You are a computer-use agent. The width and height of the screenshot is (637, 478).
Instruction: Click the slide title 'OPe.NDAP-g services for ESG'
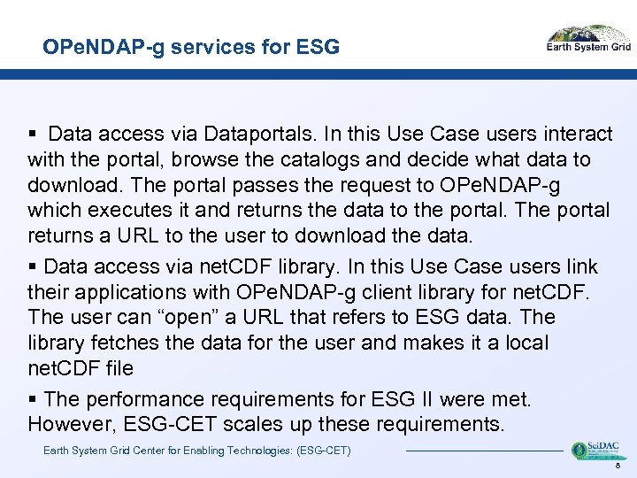pos(191,47)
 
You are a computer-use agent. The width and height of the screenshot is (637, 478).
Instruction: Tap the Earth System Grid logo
pos(588,41)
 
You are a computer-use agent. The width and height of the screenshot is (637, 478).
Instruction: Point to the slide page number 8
pos(616,465)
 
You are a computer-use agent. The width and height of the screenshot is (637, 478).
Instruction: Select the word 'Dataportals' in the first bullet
pos(259,134)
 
